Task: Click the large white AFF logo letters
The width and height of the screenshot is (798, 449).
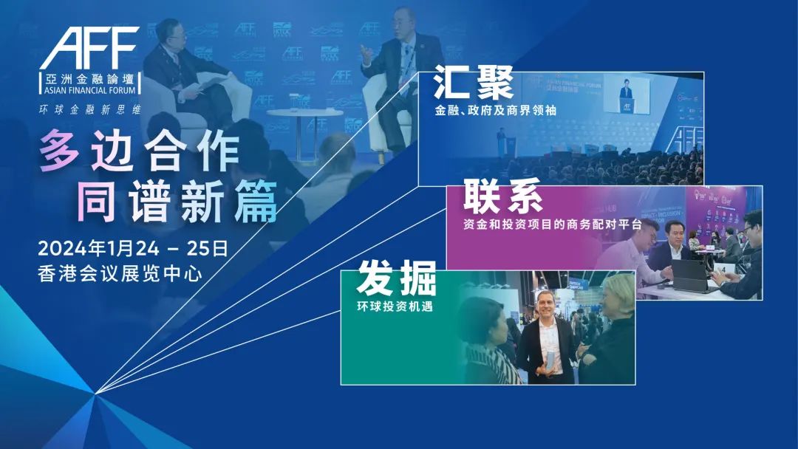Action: coord(89,48)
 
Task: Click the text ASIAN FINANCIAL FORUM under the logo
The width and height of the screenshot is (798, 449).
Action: coord(90,91)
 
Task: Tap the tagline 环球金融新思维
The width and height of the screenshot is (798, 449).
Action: coord(90,109)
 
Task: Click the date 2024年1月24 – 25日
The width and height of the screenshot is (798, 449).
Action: coord(133,249)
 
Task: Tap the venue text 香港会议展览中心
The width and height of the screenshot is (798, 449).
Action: coord(120,274)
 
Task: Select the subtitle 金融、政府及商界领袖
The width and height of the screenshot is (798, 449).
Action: coord(495,110)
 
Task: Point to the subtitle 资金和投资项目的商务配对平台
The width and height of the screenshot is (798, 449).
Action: coord(553,224)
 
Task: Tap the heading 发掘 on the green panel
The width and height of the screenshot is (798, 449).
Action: coord(397,278)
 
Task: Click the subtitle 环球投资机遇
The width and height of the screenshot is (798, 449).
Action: coord(395,306)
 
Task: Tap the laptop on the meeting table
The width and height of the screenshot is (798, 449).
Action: coord(694,276)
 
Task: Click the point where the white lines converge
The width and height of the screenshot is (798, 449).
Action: coord(95,393)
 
